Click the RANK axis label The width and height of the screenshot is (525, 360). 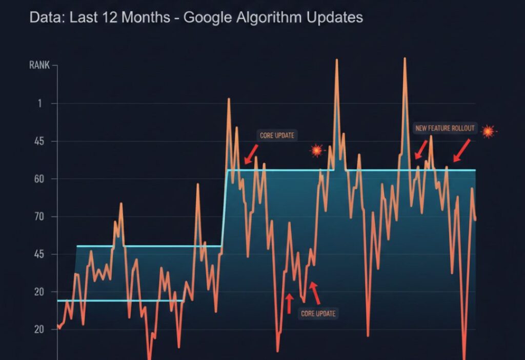click(39, 66)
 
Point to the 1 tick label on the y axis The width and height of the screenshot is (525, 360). click(39, 104)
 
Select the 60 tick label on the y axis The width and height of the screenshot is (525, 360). click(39, 179)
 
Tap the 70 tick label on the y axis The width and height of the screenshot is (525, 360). click(39, 217)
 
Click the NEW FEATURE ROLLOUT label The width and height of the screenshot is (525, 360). click(445, 128)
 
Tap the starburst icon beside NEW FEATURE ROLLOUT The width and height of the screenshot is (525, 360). click(488, 131)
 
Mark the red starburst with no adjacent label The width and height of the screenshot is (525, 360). click(317, 150)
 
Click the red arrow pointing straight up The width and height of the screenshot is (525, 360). click(289, 303)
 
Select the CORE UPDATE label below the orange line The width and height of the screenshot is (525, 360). click(318, 313)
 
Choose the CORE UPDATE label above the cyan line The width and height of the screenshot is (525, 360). click(277, 135)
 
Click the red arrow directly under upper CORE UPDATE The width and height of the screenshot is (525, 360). click(251, 154)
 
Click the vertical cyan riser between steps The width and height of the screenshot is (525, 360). click(224, 208)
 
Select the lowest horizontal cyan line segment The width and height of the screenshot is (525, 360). click(120, 301)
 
